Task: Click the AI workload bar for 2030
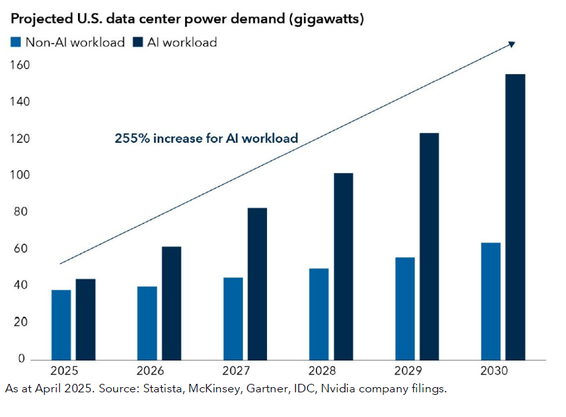[515, 217]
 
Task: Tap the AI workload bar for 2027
[257, 284]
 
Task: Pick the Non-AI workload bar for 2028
[318, 314]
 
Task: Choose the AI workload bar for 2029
[429, 246]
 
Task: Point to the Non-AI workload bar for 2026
[147, 323]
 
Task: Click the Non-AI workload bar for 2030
[491, 301]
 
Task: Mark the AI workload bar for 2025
[86, 319]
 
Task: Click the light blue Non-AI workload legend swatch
[16, 43]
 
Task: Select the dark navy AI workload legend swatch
[138, 43]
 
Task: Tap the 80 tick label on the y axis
[19, 212]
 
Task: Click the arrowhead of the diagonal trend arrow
[512, 44]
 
